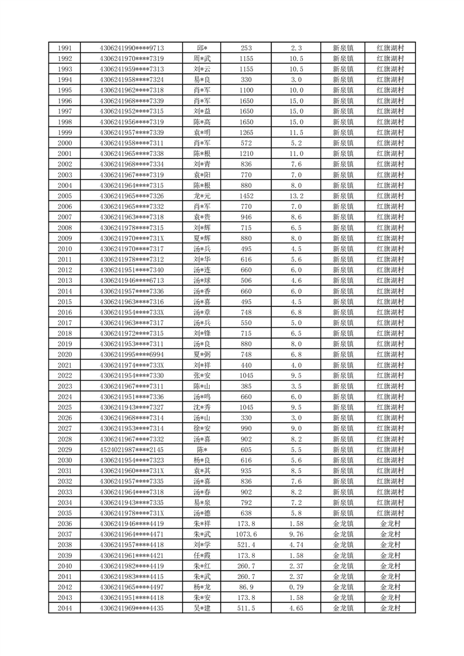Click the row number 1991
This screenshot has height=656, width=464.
click(65, 48)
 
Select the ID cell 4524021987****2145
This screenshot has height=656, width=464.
click(131, 450)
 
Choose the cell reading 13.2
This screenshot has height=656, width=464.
click(296, 196)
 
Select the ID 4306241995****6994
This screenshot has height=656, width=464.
click(131, 354)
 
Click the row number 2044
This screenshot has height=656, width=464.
click(65, 608)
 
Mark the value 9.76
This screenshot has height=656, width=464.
click(296, 534)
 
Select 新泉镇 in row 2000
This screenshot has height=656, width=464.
click(342, 143)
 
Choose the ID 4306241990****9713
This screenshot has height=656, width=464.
click(131, 48)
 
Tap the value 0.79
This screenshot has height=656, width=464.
click(296, 587)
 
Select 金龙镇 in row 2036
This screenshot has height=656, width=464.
click(342, 524)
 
